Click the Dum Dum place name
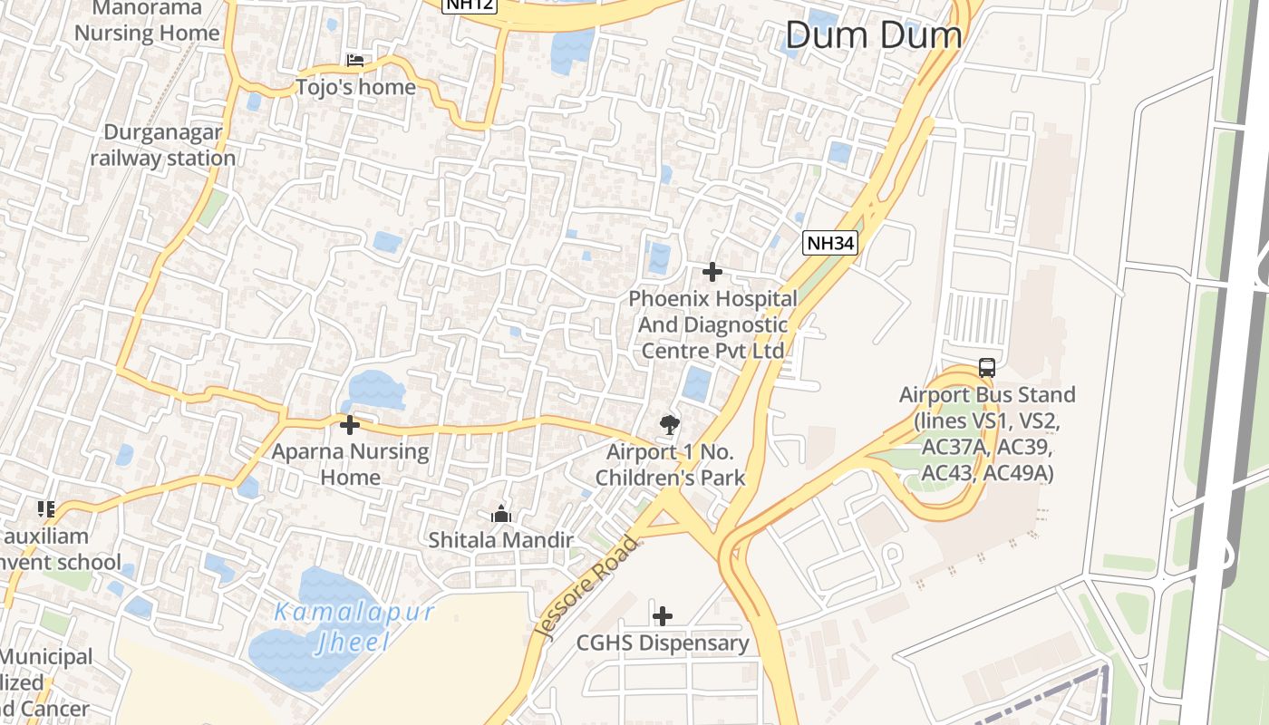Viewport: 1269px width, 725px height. coord(873,35)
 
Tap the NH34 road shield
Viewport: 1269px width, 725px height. coord(829,242)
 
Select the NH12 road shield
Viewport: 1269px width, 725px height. coord(468,5)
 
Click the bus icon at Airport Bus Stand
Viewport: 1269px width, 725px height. coord(987,368)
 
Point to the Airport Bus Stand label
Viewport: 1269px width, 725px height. coord(987,434)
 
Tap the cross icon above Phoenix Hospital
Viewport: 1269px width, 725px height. coord(712,271)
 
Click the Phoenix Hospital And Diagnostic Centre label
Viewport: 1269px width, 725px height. coord(712,324)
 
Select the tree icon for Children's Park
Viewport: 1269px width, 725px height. coord(670,424)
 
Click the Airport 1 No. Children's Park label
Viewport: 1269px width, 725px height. coord(670,465)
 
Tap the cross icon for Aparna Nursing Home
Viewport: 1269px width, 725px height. coord(350,424)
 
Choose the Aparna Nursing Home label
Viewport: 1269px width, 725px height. coord(350,463)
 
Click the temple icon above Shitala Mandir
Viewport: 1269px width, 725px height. coord(501,515)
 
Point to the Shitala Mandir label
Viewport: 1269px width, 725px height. coord(501,540)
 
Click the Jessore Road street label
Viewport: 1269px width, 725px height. coord(586,588)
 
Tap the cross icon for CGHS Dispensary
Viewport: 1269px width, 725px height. coord(663,616)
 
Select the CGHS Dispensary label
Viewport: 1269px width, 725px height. coord(663,643)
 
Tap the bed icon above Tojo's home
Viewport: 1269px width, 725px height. coord(355,61)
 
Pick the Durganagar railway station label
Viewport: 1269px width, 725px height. coord(163,145)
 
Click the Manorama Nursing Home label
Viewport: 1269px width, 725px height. coord(147,22)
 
